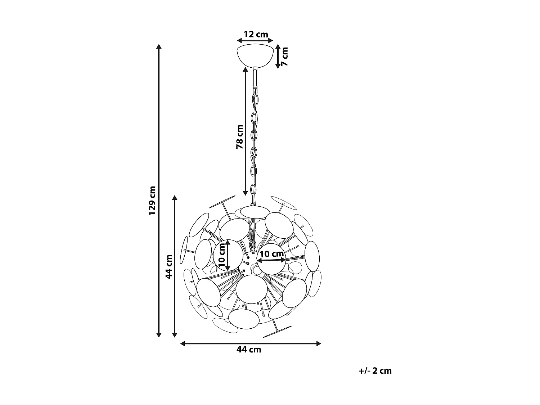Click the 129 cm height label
coord(152,201)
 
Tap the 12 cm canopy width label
coord(256,35)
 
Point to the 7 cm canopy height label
coord(284,56)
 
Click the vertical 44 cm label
coord(168,266)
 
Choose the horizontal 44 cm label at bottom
coord(249,350)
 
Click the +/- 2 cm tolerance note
coord(375,371)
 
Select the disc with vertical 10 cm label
coord(228,255)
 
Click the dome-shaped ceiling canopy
coord(255,55)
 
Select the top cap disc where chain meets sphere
coord(255,212)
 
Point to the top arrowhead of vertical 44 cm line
coord(175,197)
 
